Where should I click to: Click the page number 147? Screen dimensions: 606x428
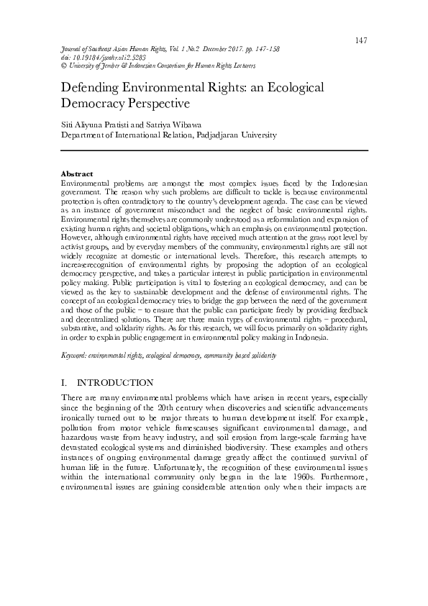361,39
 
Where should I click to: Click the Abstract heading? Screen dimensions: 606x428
76,174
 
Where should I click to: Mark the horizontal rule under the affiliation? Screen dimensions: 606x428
214,150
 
